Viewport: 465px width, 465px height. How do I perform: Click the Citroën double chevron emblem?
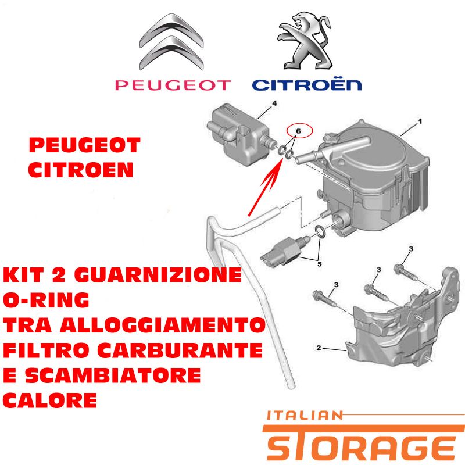point(171,42)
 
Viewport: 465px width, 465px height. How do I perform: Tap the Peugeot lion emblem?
point(305,41)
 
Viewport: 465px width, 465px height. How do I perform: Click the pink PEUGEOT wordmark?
point(173,85)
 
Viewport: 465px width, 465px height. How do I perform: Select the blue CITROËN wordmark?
point(307,85)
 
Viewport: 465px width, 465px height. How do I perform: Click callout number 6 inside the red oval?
point(298,131)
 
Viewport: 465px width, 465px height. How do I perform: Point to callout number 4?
point(274,103)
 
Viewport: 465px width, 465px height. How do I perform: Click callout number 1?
point(420,121)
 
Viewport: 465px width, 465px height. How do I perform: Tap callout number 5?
point(319,264)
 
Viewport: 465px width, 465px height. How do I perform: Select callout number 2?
point(319,348)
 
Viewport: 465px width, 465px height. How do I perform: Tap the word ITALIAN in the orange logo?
point(305,416)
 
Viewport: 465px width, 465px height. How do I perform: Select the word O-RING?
point(46,300)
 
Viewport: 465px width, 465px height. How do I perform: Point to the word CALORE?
point(50,400)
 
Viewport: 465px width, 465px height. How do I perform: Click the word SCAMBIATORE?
point(113,375)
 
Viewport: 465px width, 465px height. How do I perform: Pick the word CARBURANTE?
point(180,350)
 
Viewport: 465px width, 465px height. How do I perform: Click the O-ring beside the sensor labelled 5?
point(321,231)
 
